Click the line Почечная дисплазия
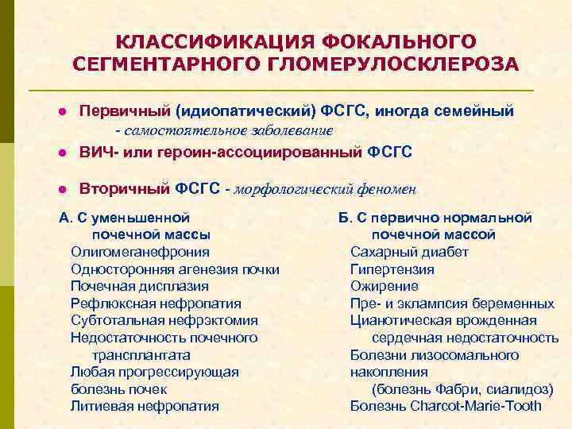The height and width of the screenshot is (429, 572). [x=139, y=286]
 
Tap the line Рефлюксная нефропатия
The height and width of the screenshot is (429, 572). [x=156, y=303]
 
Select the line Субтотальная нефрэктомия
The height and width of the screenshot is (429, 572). [x=164, y=320]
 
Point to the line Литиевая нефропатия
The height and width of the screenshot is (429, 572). [x=145, y=406]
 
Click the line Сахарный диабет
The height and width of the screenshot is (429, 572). [x=409, y=252]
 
